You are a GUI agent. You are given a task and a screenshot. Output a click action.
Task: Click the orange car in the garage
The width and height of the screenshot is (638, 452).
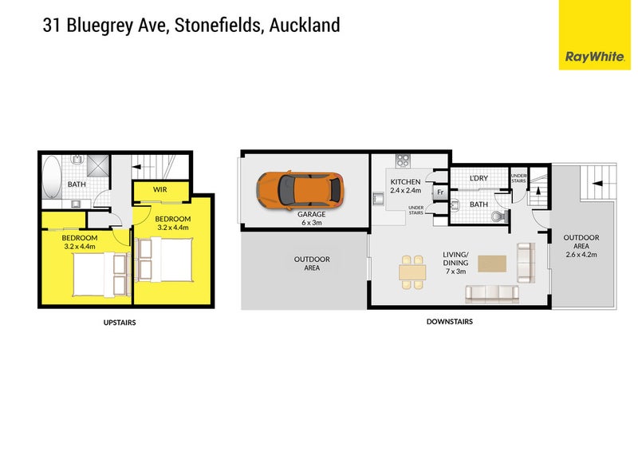click(x=300, y=191)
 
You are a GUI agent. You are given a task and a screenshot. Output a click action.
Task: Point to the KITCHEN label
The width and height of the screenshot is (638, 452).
click(x=405, y=182)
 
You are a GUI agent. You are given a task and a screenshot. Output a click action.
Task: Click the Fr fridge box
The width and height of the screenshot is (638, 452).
click(x=439, y=192)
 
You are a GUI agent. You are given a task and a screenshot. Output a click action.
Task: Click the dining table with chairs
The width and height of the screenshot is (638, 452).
click(x=412, y=271)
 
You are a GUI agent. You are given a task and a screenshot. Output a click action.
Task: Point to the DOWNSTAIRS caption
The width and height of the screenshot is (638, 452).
click(x=449, y=322)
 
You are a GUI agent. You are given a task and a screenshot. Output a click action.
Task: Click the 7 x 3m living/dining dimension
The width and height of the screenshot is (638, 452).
click(x=455, y=272)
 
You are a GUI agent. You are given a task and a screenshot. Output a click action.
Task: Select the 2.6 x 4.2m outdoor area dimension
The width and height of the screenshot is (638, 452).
click(x=581, y=254)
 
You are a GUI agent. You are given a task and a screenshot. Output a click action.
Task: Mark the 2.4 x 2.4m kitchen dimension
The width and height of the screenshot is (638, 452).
click(x=405, y=192)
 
